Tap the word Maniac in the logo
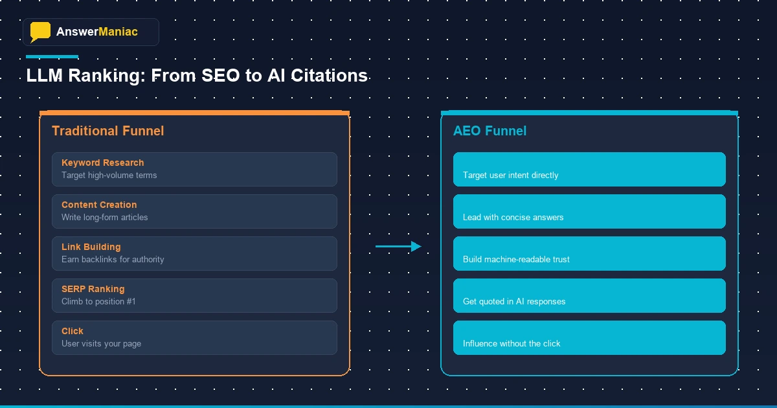[x=118, y=32]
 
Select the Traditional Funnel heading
[x=107, y=131]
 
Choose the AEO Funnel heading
[x=490, y=131]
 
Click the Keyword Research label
[x=102, y=163]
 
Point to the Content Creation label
[x=99, y=205]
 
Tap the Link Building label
[x=91, y=247]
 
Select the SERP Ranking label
[x=93, y=289]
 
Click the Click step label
[x=73, y=331]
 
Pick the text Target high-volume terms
[x=109, y=176]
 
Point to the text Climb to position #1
[x=98, y=302]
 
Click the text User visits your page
[x=101, y=344]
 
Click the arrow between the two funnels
[x=398, y=246]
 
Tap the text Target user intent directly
[x=510, y=176]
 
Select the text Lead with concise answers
[x=513, y=218]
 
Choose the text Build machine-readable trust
[x=516, y=260]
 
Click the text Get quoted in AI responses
[x=514, y=302]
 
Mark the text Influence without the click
[x=512, y=344]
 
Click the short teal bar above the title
[x=52, y=57]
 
